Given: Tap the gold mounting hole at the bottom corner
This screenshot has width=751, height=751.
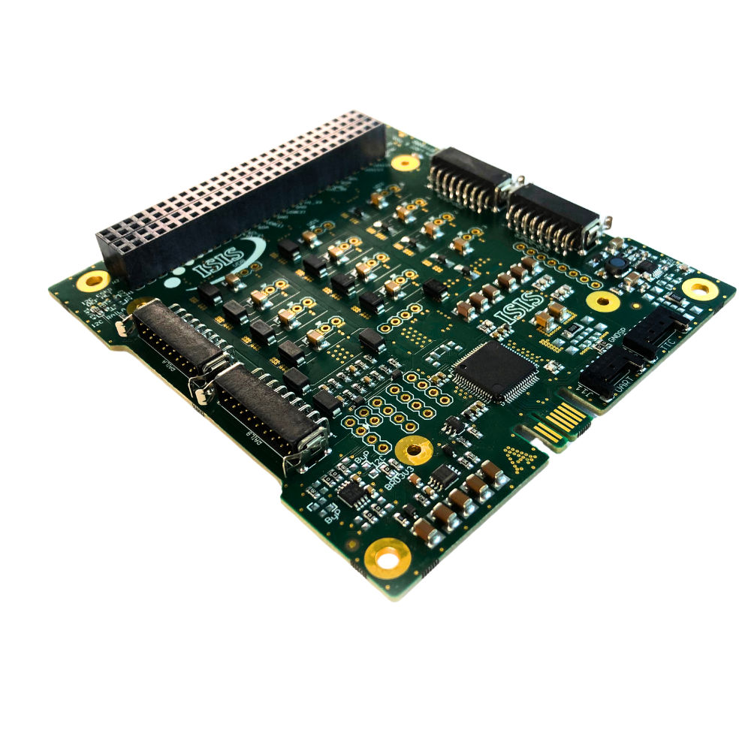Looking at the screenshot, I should (x=388, y=558).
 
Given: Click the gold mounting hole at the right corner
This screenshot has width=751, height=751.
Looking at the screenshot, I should (x=701, y=288).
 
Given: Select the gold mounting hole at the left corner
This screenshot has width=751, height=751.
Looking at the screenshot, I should (x=95, y=282).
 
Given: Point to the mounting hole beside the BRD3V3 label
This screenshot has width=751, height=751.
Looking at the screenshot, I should (x=413, y=451).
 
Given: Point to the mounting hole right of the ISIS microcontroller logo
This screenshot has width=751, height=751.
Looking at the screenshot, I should (x=602, y=301).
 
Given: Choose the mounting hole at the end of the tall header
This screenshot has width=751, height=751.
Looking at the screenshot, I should (x=405, y=161).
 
